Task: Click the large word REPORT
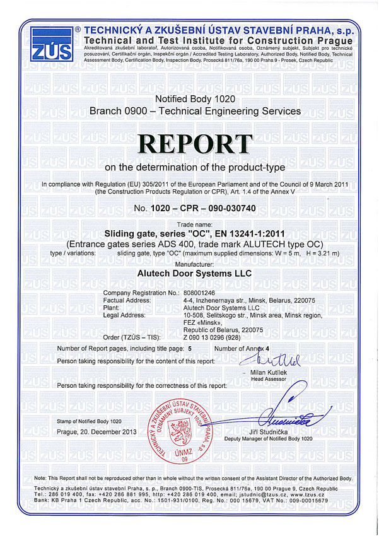[x=189, y=144]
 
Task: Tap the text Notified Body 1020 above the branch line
[x=189, y=100]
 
